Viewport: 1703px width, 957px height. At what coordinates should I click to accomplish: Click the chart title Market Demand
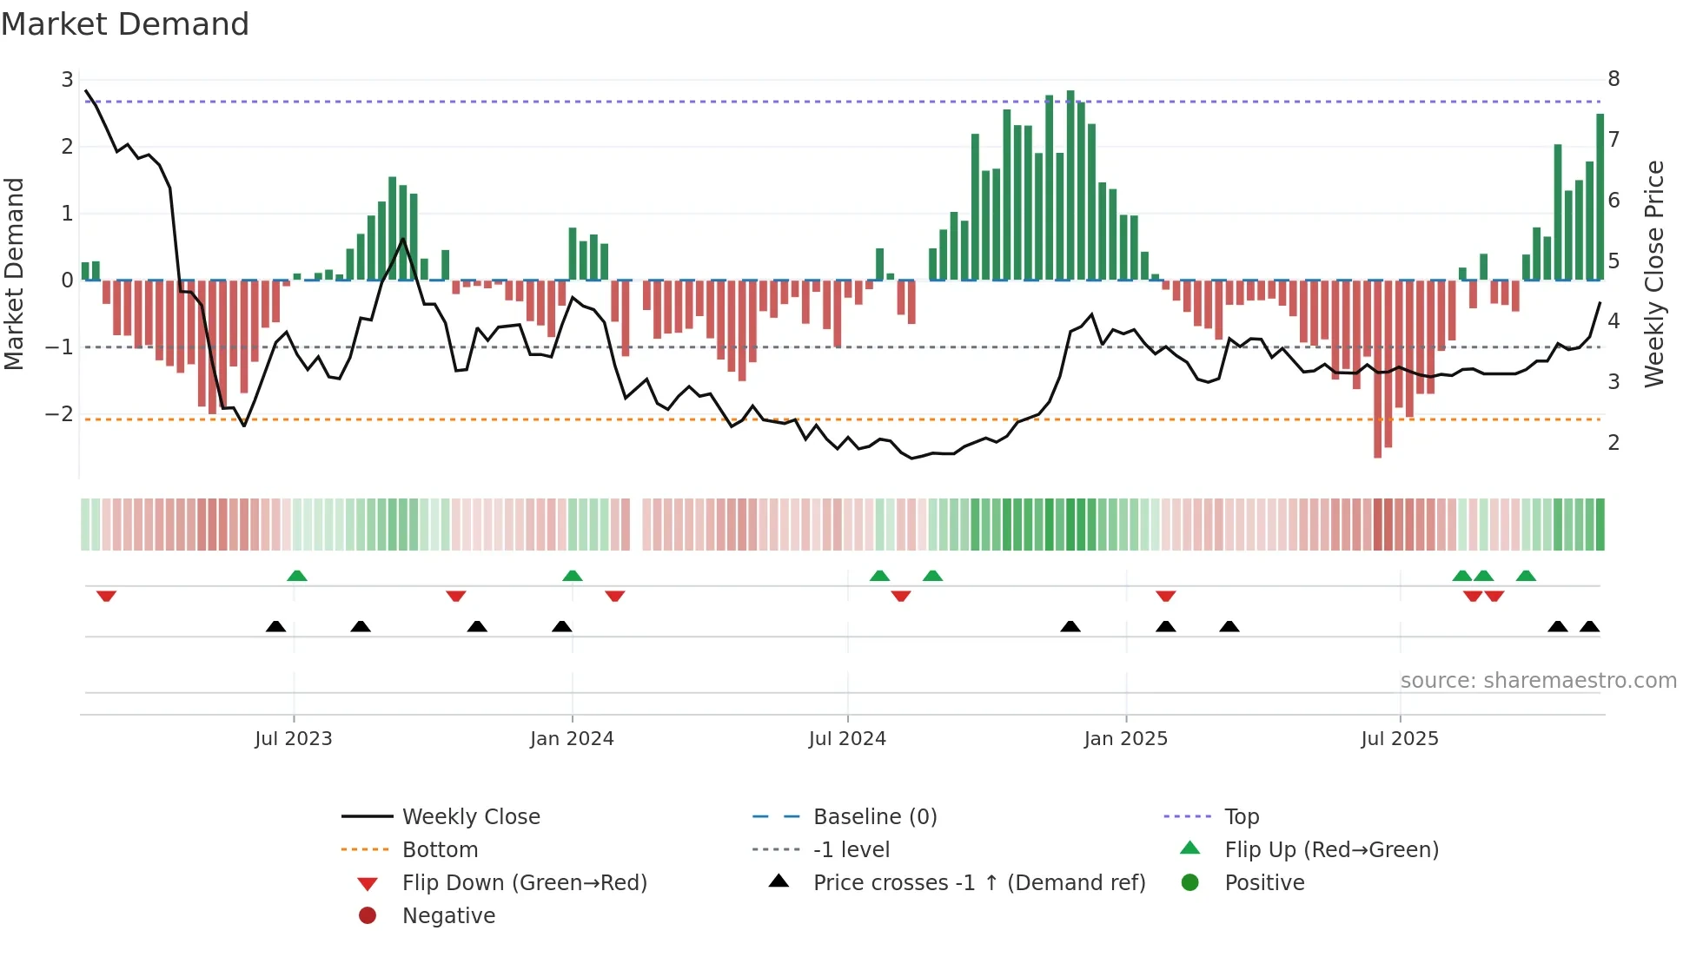[x=125, y=24]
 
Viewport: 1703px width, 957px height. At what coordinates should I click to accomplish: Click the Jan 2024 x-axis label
[x=572, y=738]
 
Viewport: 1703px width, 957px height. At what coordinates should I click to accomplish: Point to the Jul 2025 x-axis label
[x=1399, y=738]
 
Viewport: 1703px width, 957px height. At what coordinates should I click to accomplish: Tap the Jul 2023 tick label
[x=293, y=738]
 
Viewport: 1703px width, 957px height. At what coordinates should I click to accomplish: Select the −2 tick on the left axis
[x=59, y=414]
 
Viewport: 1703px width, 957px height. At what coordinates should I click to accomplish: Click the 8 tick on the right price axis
[x=1614, y=79]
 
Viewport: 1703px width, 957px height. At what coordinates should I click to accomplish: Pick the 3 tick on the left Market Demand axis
[x=67, y=80]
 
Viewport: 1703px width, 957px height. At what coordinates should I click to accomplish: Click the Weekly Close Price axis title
[x=1654, y=274]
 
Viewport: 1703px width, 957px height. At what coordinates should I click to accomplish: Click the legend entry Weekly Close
[x=470, y=816]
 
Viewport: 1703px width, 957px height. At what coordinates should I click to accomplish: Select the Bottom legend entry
[x=440, y=849]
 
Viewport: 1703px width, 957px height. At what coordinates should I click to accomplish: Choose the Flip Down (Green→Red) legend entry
[x=524, y=882]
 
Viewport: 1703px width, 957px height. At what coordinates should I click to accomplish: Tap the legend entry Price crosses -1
[x=979, y=882]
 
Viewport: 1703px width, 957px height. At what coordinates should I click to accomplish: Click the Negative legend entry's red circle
[x=368, y=915]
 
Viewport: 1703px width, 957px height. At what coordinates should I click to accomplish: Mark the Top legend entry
[x=1241, y=816]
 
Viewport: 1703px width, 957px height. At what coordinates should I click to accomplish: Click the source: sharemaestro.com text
[x=1538, y=680]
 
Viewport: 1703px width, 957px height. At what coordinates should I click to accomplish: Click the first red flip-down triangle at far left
[x=106, y=596]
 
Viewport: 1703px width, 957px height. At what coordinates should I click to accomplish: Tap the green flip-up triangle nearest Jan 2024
[x=572, y=576]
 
